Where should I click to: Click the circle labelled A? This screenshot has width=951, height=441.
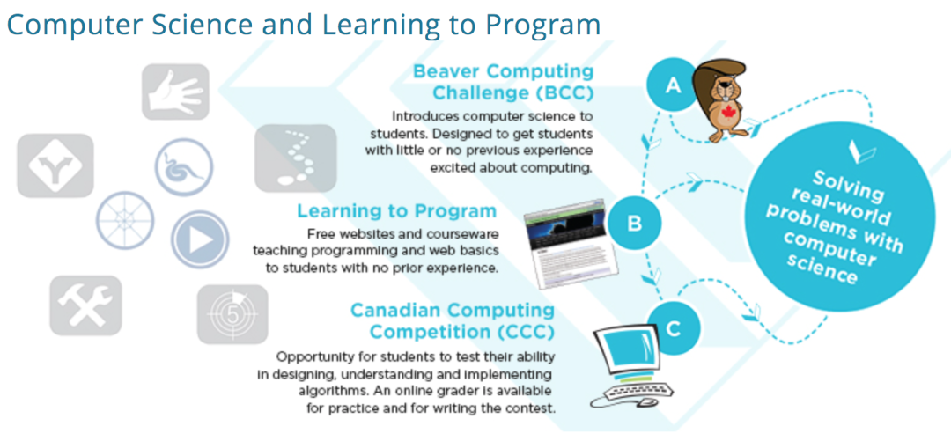672,86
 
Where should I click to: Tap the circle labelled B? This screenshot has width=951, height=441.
634,224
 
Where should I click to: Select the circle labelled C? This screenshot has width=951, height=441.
675,329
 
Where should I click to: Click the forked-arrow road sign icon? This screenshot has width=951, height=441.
55,165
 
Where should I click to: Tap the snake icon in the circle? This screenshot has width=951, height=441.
184,167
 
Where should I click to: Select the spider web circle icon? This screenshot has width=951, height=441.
125,220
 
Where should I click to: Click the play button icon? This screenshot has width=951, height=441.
200,239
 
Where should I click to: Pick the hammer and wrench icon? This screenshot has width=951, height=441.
85,305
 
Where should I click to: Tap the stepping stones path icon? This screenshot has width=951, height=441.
295,158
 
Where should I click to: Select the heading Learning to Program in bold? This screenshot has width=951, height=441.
396,211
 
